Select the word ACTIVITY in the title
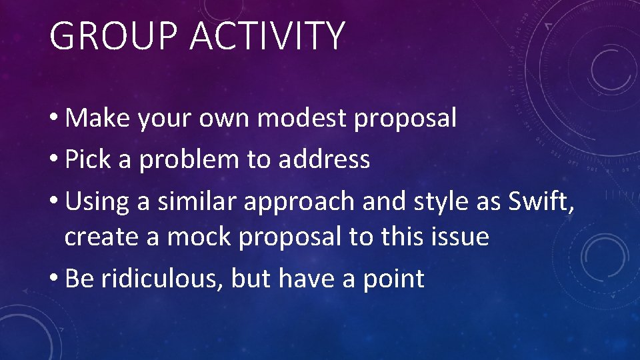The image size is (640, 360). (267, 37)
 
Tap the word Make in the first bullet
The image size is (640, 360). (98, 119)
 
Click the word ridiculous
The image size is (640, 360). (161, 279)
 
